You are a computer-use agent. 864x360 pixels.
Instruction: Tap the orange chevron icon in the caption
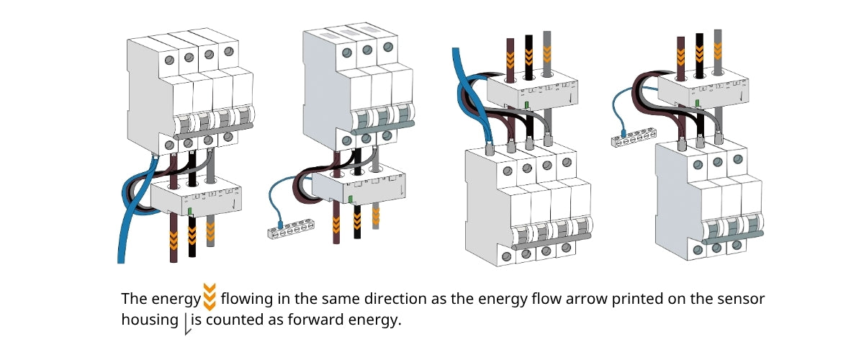click(x=210, y=297)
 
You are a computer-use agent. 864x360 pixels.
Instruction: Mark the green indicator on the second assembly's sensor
click(x=350, y=199)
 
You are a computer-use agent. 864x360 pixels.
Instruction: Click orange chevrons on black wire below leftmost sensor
click(x=192, y=232)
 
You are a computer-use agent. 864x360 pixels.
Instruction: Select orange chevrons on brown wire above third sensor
click(x=510, y=58)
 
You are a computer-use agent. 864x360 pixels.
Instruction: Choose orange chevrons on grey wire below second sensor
click(x=376, y=215)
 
